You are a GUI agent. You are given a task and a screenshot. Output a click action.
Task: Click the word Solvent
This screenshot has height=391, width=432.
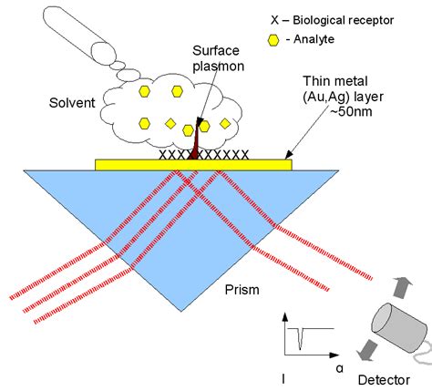pyautogui.click(x=72, y=103)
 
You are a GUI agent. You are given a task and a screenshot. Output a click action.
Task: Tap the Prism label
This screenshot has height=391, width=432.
pyautogui.click(x=242, y=290)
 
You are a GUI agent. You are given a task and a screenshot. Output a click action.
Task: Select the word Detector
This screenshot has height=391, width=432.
pyautogui.click(x=384, y=380)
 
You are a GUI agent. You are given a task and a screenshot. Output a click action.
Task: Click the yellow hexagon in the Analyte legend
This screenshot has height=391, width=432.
pyautogui.click(x=273, y=40)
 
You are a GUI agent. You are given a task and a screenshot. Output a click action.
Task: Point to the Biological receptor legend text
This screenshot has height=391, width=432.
pyautogui.click(x=333, y=20)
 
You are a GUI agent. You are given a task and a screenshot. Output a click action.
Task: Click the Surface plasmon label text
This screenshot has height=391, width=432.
pyautogui.click(x=218, y=58)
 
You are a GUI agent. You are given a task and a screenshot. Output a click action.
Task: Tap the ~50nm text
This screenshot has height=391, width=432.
pyautogui.click(x=351, y=111)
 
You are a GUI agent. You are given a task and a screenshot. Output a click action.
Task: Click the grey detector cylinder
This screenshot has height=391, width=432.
pyautogui.click(x=400, y=327)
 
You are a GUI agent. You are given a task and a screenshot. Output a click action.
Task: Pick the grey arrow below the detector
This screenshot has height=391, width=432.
pyautogui.click(x=367, y=350)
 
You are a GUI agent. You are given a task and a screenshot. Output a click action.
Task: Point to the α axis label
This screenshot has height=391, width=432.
pyautogui.click(x=340, y=368)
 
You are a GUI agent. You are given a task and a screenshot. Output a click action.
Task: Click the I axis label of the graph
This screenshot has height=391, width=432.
pyautogui.click(x=283, y=379)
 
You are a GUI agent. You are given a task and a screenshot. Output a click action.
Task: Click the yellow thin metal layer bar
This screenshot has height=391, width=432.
pyautogui.click(x=193, y=165)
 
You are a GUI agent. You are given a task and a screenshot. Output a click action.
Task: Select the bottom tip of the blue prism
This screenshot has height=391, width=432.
pyautogui.click(x=181, y=312)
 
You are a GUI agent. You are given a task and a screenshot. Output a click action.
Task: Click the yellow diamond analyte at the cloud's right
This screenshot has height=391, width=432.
pyautogui.click(x=225, y=123)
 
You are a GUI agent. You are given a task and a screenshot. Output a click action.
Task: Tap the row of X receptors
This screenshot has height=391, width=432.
pyautogui.click(x=204, y=155)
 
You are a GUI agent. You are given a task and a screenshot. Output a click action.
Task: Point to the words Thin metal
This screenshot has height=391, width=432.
pyautogui.click(x=335, y=81)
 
